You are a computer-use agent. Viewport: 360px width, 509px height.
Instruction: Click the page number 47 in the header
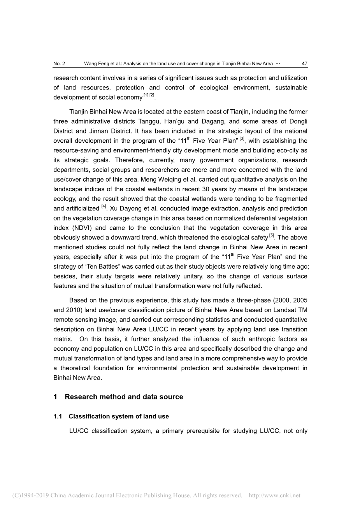pyautogui.click(x=304, y=64)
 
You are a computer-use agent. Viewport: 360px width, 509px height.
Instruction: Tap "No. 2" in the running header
pyautogui.click(x=59, y=64)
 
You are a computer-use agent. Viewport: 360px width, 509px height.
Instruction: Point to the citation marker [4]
pyautogui.click(x=104, y=206)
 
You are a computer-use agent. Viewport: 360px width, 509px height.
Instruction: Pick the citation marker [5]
pyautogui.click(x=272, y=235)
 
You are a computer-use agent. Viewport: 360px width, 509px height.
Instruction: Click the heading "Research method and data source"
pyautogui.click(x=124, y=397)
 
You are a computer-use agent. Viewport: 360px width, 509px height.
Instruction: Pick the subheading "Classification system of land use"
pyautogui.click(x=119, y=416)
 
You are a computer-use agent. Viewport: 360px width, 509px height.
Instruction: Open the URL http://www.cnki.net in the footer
pyautogui.click(x=274, y=495)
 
